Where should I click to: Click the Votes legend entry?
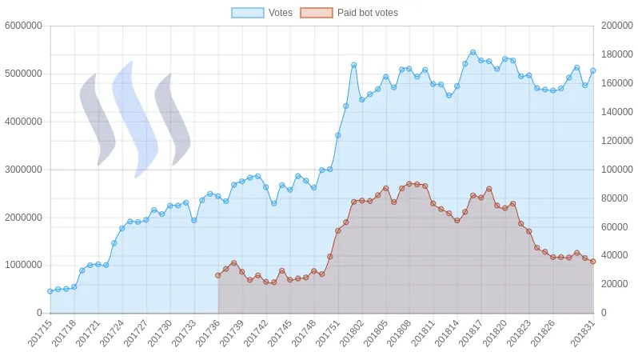[x=261, y=13]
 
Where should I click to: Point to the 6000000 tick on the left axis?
[x=23, y=26]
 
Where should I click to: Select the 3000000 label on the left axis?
[x=23, y=170]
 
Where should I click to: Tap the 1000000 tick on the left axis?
[x=23, y=265]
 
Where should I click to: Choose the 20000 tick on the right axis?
[x=612, y=284]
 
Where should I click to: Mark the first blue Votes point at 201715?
[x=50, y=291]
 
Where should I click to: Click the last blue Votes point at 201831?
[x=593, y=70]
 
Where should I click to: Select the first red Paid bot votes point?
[x=218, y=275]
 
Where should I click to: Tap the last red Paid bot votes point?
[x=593, y=262]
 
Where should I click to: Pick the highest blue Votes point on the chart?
[x=473, y=53]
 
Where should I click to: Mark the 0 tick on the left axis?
[x=39, y=313]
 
